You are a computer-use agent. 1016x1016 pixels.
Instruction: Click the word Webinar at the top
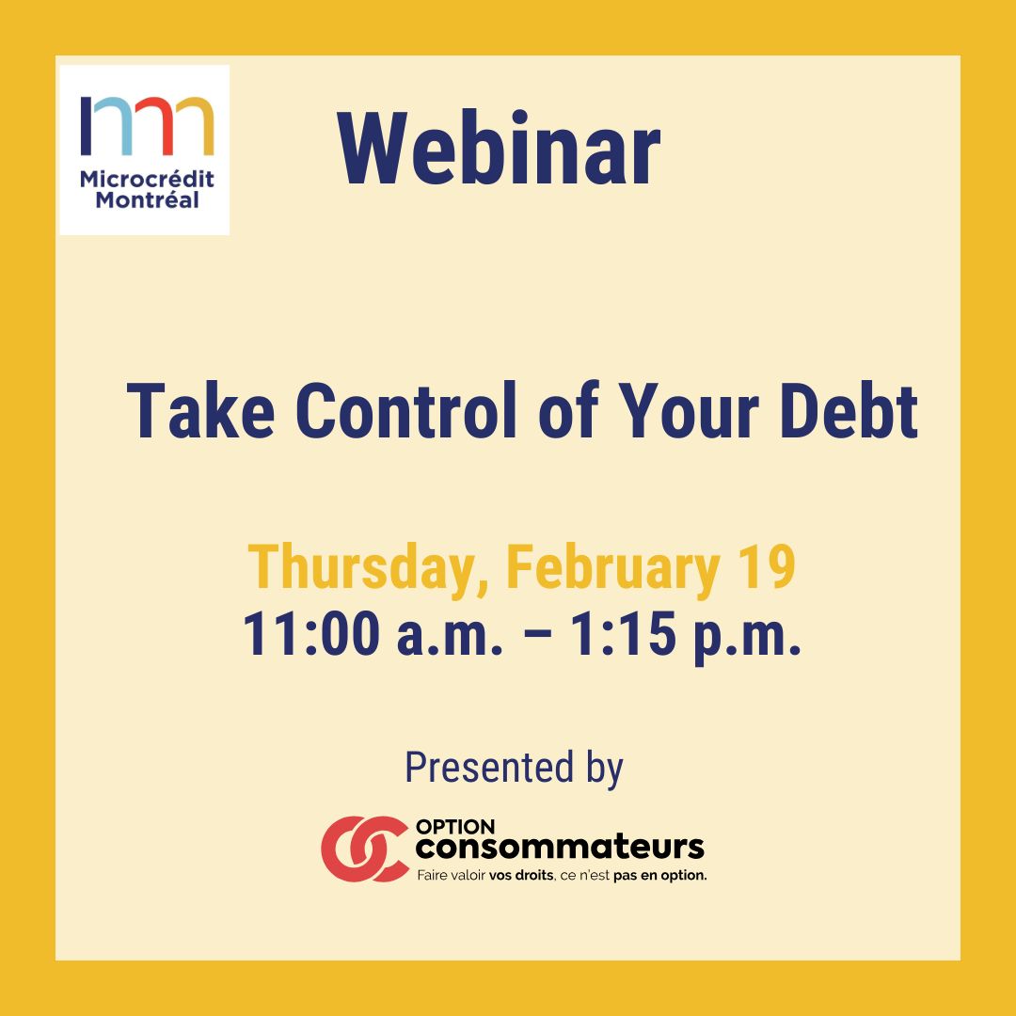pyautogui.click(x=499, y=150)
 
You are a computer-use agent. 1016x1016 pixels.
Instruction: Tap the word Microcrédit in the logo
pyautogui.click(x=147, y=179)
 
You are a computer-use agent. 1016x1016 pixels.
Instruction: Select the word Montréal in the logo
pyautogui.click(x=147, y=199)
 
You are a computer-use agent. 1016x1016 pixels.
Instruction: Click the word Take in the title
pyautogui.click(x=200, y=411)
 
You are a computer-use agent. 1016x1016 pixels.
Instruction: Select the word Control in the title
pyautogui.click(x=406, y=411)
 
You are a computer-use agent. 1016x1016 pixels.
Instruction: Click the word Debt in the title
pyautogui.click(x=849, y=411)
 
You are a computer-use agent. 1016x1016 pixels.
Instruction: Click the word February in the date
pyautogui.click(x=612, y=568)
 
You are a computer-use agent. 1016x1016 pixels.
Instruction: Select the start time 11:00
pyautogui.click(x=311, y=633)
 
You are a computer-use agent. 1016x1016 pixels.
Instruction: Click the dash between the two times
pyautogui.click(x=536, y=636)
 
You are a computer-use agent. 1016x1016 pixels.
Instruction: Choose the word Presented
pyautogui.click(x=489, y=768)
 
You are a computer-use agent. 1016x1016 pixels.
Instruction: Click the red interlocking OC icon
pyautogui.click(x=364, y=849)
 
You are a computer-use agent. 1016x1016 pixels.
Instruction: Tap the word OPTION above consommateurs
pyautogui.click(x=455, y=827)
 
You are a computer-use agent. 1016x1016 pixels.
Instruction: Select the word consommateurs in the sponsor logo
pyautogui.click(x=560, y=848)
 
